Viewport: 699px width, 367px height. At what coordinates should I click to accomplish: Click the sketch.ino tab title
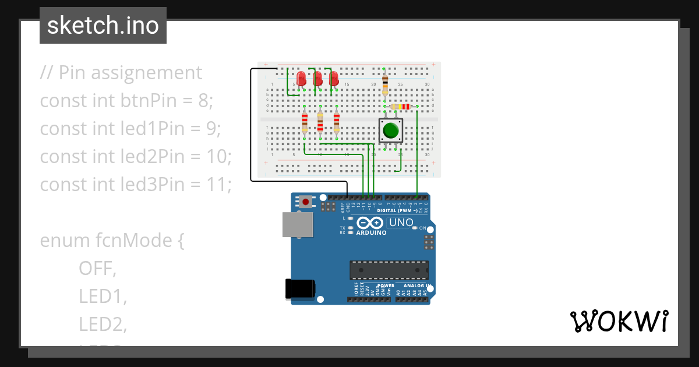[x=103, y=26]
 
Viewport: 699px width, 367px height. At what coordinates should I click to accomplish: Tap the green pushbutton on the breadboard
[x=390, y=130]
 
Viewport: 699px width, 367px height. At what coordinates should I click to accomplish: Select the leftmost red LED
[x=301, y=78]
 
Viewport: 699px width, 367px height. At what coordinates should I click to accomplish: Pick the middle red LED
[x=317, y=78]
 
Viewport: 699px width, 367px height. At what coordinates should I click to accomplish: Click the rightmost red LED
[x=334, y=78]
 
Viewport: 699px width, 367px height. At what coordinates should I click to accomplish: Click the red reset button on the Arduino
[x=306, y=202]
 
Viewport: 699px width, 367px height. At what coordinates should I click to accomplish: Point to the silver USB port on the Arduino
[x=296, y=224]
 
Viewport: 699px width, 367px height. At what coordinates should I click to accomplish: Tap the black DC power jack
[x=300, y=289]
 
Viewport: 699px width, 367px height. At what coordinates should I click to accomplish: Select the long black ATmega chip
[x=389, y=270]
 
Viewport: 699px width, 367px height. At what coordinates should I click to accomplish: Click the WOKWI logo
[x=619, y=322]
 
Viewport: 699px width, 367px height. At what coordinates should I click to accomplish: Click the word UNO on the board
[x=401, y=223]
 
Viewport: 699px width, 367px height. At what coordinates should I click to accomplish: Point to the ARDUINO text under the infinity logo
[x=371, y=233]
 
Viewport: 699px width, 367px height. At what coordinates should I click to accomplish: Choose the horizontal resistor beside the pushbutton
[x=401, y=107]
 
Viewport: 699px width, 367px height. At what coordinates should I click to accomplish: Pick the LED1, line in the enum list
[x=103, y=297]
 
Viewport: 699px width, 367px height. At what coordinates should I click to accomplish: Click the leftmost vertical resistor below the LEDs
[x=304, y=123]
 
